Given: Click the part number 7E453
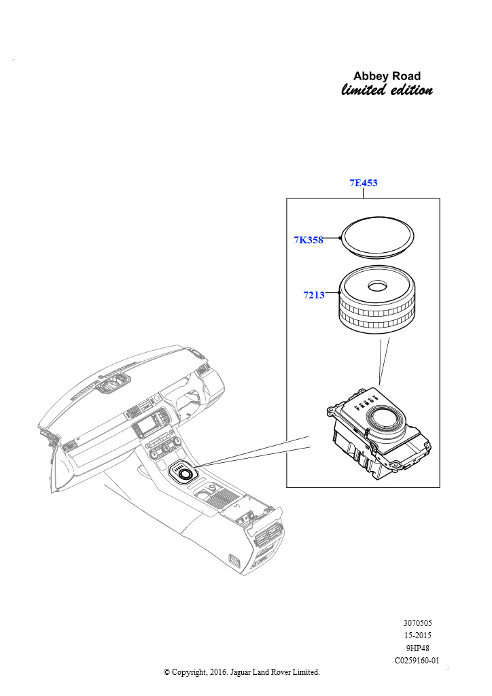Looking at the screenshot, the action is [364, 183].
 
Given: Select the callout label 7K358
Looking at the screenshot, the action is [309, 240].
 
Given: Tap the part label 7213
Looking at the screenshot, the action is [314, 295].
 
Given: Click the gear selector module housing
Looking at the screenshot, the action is [378, 434].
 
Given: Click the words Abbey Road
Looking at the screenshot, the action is [387, 76].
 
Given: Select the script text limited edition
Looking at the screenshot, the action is [387, 90].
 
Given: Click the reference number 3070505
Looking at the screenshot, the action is [417, 623].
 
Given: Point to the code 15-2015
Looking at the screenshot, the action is [417, 636].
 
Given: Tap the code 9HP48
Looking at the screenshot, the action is [417, 648].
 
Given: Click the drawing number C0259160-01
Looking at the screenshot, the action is [417, 661].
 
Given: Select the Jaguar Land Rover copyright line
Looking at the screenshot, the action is [242, 672].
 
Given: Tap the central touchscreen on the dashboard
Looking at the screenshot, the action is [146, 427].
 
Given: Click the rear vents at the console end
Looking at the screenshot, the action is [268, 535].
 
